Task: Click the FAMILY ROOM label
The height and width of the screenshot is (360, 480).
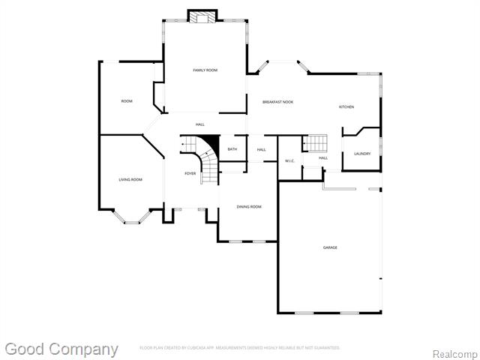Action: [x=205, y=70]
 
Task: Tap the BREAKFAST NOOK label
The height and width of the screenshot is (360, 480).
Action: [x=277, y=101]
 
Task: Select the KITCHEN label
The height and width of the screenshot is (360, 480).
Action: [x=346, y=107]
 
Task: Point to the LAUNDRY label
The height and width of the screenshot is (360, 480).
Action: [x=362, y=154]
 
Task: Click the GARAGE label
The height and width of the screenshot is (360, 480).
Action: [x=330, y=247]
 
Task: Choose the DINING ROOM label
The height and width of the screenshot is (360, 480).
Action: [x=249, y=206]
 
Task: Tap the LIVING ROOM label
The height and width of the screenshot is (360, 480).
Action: [x=130, y=179]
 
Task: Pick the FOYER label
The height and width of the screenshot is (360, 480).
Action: [x=190, y=173]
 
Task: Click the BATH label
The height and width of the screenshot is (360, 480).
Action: [x=232, y=149]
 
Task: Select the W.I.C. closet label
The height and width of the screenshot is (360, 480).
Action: [x=289, y=161]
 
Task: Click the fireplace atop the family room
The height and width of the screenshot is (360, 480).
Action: [x=202, y=16]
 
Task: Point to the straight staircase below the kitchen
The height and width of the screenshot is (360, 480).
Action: [x=316, y=142]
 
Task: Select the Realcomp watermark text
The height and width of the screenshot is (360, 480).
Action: [x=454, y=352]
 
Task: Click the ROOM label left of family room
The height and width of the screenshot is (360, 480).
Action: [x=127, y=100]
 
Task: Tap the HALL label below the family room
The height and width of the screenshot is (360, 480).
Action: [x=200, y=124]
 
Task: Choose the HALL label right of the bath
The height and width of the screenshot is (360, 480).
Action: [x=261, y=149]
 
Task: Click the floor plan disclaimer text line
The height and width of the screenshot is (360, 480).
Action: [x=240, y=347]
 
